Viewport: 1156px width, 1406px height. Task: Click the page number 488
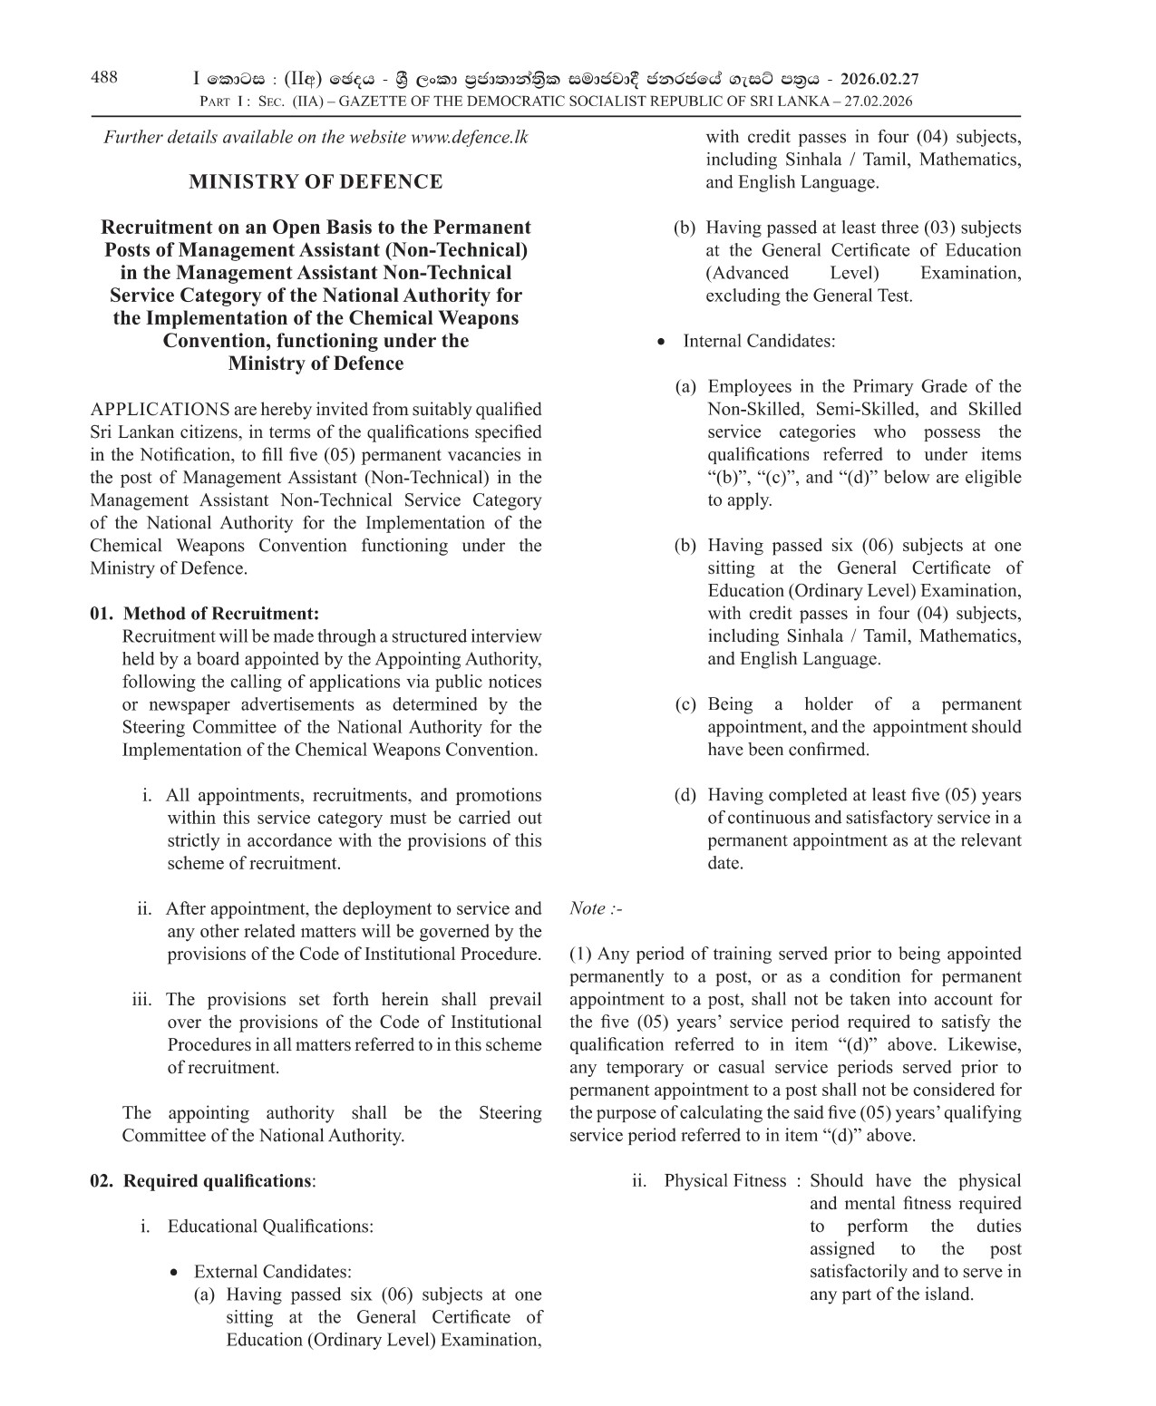(104, 78)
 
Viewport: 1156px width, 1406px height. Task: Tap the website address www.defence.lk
(469, 138)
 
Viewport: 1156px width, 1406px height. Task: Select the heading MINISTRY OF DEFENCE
(316, 182)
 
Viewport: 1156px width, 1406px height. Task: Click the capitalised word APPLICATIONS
(160, 410)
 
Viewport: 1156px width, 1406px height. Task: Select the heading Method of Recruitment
(220, 615)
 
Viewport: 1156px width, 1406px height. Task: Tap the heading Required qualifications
(217, 1181)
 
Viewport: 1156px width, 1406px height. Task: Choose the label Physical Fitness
(724, 1181)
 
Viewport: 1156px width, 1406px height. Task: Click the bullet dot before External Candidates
(175, 1273)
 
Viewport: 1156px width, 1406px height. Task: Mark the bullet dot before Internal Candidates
(663, 343)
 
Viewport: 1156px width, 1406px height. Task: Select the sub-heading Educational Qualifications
(269, 1227)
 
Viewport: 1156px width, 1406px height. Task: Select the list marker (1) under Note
(581, 955)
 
